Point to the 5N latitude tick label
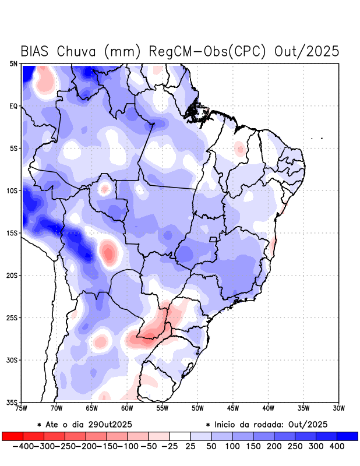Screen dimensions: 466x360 tap(13, 63)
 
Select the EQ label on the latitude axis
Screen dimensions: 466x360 tap(13, 106)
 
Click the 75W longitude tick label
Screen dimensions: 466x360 tap(22, 408)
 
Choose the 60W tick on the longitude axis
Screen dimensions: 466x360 tap(127, 408)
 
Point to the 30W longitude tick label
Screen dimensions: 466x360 tap(339, 408)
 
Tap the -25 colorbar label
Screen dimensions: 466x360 tap(170, 446)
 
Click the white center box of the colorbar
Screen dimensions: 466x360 tap(180, 436)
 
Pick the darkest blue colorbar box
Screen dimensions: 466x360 tap(348, 436)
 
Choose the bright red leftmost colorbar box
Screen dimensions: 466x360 tap(12, 436)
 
